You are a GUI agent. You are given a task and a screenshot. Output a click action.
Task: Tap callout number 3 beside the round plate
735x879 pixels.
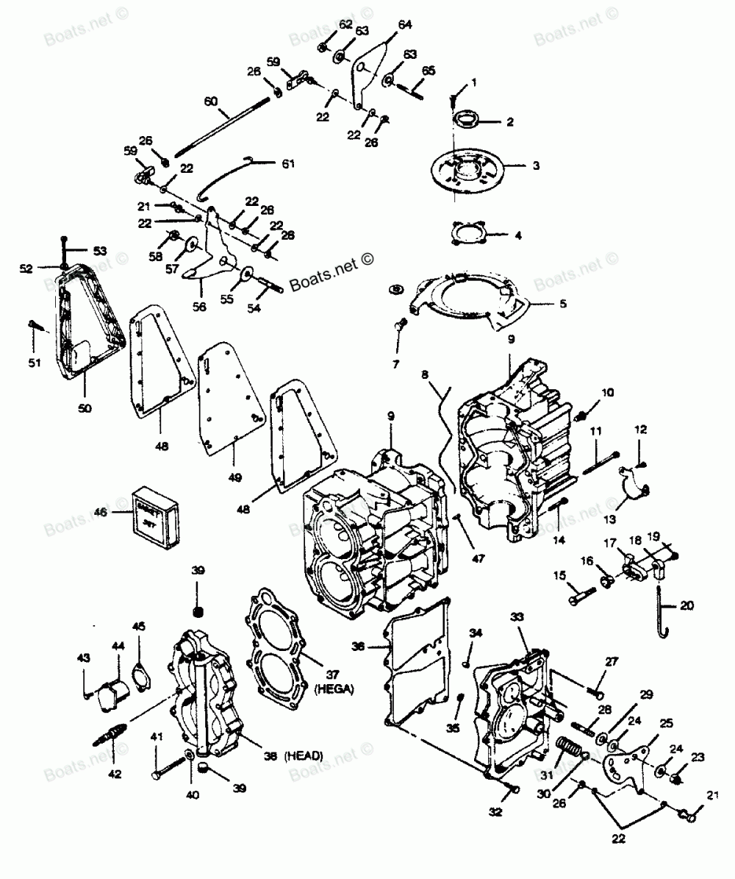click(x=536, y=166)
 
